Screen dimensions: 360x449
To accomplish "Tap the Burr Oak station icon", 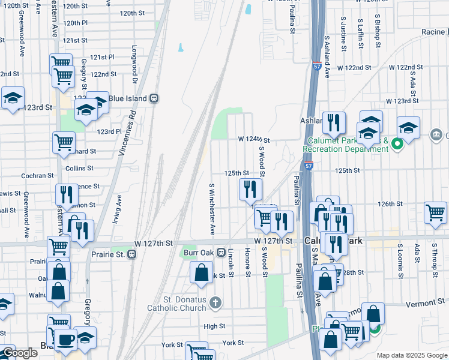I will click(221, 253).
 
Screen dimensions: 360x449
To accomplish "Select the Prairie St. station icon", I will click(131, 254).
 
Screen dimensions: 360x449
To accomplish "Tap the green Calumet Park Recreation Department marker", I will click(397, 144).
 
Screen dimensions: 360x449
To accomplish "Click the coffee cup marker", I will click(66, 339).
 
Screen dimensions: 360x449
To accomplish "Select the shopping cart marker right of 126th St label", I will click(435, 212).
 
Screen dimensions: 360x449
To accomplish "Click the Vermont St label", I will click(424, 304).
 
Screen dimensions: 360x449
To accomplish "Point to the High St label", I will click(214, 326).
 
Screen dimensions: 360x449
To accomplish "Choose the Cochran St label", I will click(37, 176).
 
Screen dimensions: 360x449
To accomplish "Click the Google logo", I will click(20, 353).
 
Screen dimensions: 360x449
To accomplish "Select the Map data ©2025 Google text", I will click(411, 355).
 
